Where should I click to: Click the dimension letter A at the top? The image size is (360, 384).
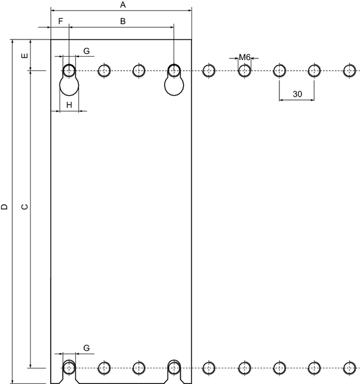point(123,4)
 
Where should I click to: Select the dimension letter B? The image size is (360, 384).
point(123,21)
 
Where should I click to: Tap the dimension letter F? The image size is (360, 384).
point(61,21)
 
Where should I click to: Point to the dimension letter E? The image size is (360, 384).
point(24,56)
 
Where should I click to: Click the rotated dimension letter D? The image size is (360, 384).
point(4,207)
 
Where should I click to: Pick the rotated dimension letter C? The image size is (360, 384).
point(24,207)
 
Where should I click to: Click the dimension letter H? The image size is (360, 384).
point(70,105)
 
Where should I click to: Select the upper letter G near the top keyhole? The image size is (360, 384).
point(86,51)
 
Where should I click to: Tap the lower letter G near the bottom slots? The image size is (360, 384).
point(86,348)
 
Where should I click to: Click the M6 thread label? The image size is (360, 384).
point(244,57)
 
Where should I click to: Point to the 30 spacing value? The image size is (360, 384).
point(297,94)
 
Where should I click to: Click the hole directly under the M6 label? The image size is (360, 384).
point(244,71)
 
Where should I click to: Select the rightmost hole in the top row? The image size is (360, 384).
point(349,71)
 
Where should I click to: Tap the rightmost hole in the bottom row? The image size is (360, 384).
point(349,368)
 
